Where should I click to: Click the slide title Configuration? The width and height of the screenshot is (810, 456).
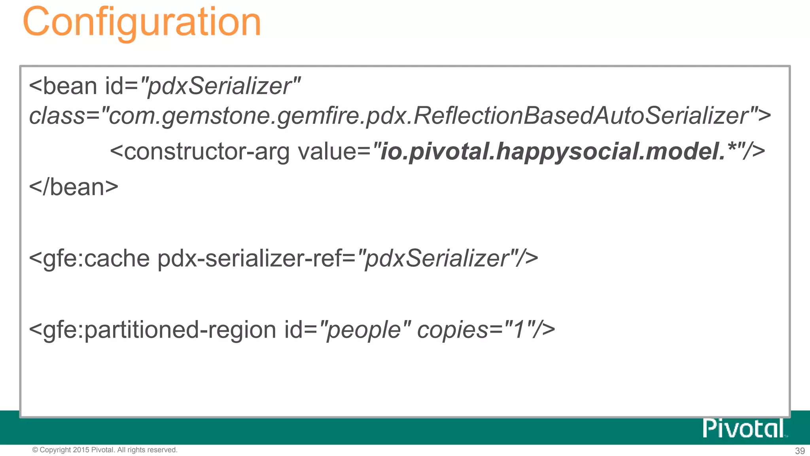pos(142,22)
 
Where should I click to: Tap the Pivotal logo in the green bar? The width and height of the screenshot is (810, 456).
pos(744,428)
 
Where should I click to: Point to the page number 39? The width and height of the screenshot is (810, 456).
pos(800,451)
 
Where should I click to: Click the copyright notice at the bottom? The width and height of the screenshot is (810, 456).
pos(105,450)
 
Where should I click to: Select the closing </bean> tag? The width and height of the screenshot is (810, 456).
pos(74,187)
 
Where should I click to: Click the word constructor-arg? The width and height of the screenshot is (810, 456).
pos(206,152)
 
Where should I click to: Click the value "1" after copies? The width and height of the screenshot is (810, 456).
pos(519,330)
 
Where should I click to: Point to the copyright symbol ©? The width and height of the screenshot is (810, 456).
pos(35,450)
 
